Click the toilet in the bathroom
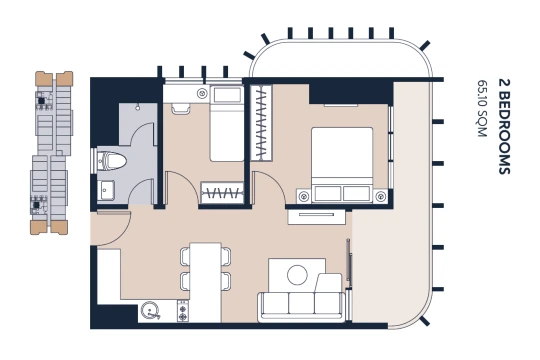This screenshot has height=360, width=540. (109, 161)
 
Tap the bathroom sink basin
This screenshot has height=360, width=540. (106, 190)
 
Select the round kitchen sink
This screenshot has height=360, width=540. (150, 311)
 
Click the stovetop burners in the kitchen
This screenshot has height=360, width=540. (183, 311)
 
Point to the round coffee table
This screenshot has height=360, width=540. (297, 275)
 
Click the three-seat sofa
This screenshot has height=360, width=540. (302, 307)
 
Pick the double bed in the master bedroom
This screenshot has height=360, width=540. (342, 165)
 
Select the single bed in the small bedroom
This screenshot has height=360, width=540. (227, 124)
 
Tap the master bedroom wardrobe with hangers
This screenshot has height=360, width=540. (261, 123)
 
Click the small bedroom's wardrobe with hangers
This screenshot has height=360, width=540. (222, 193)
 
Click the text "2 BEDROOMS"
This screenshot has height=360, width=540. (504, 127)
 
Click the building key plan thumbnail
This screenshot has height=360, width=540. (52, 153)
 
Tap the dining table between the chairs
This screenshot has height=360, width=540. (205, 282)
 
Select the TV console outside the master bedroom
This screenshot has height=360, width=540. (316, 217)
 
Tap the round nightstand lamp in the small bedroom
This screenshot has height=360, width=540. (202, 93)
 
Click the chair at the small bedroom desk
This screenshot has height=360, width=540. (181, 108)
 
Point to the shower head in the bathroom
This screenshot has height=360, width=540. (138, 107)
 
